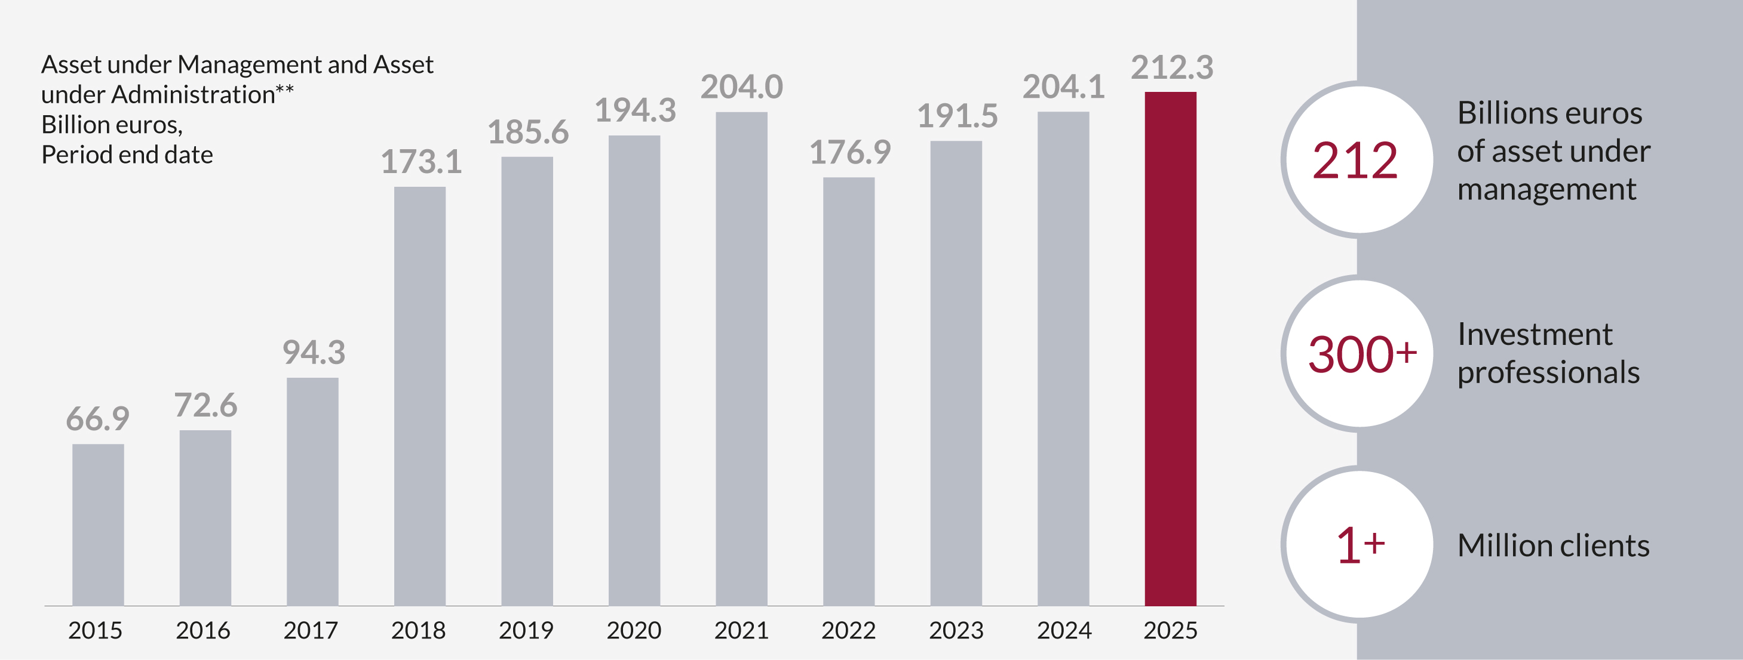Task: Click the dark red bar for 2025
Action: tap(1170, 348)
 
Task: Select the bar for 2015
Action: tap(98, 524)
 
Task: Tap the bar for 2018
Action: tap(419, 396)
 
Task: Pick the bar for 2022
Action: tap(848, 391)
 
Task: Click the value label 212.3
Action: tap(1172, 67)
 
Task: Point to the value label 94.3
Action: tap(313, 352)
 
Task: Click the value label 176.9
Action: tap(849, 152)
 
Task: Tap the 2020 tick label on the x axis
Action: tap(633, 630)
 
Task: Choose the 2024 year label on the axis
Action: tap(1064, 630)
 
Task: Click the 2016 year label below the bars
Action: tap(203, 630)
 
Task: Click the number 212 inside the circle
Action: tap(1355, 161)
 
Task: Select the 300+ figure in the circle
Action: tap(1361, 354)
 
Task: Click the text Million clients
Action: tap(1553, 545)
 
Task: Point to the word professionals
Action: tap(1548, 372)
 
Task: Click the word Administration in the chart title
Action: tap(193, 95)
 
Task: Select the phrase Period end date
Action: tap(127, 155)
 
